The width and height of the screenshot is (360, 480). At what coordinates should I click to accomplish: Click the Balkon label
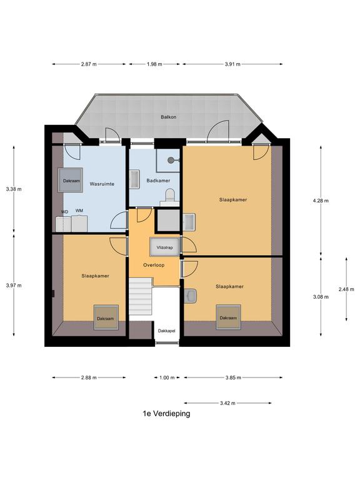click(168, 117)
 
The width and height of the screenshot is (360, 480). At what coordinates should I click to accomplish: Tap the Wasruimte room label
click(102, 184)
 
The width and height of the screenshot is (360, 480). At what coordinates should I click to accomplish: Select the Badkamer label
click(158, 181)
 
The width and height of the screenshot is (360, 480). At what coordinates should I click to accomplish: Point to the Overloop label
click(154, 265)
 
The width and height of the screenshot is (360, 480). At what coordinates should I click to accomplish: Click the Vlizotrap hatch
click(165, 247)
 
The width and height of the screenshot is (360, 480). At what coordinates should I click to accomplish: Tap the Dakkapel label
click(166, 331)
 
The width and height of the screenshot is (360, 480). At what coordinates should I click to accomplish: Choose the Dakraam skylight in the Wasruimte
click(71, 180)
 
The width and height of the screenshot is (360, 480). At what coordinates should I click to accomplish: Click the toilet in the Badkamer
click(169, 196)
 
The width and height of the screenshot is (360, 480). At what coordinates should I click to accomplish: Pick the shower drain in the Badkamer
click(171, 159)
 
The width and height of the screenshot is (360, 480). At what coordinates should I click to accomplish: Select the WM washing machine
click(79, 224)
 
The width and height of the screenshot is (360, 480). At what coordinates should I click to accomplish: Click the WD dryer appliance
click(63, 224)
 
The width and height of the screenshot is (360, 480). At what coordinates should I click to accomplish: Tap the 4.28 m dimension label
click(321, 201)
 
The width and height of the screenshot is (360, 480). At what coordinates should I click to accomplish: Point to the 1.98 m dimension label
click(154, 64)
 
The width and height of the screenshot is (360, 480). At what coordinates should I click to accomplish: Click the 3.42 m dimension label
click(227, 403)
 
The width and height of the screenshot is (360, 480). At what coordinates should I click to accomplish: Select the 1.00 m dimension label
click(167, 377)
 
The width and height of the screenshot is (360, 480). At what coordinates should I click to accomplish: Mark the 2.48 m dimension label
click(346, 289)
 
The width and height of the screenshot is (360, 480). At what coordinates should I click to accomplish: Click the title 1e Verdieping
click(166, 414)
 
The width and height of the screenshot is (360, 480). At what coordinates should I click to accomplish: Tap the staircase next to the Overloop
click(141, 296)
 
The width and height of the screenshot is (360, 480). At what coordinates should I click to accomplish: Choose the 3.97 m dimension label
click(14, 286)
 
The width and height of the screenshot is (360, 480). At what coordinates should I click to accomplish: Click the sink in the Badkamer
click(134, 179)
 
